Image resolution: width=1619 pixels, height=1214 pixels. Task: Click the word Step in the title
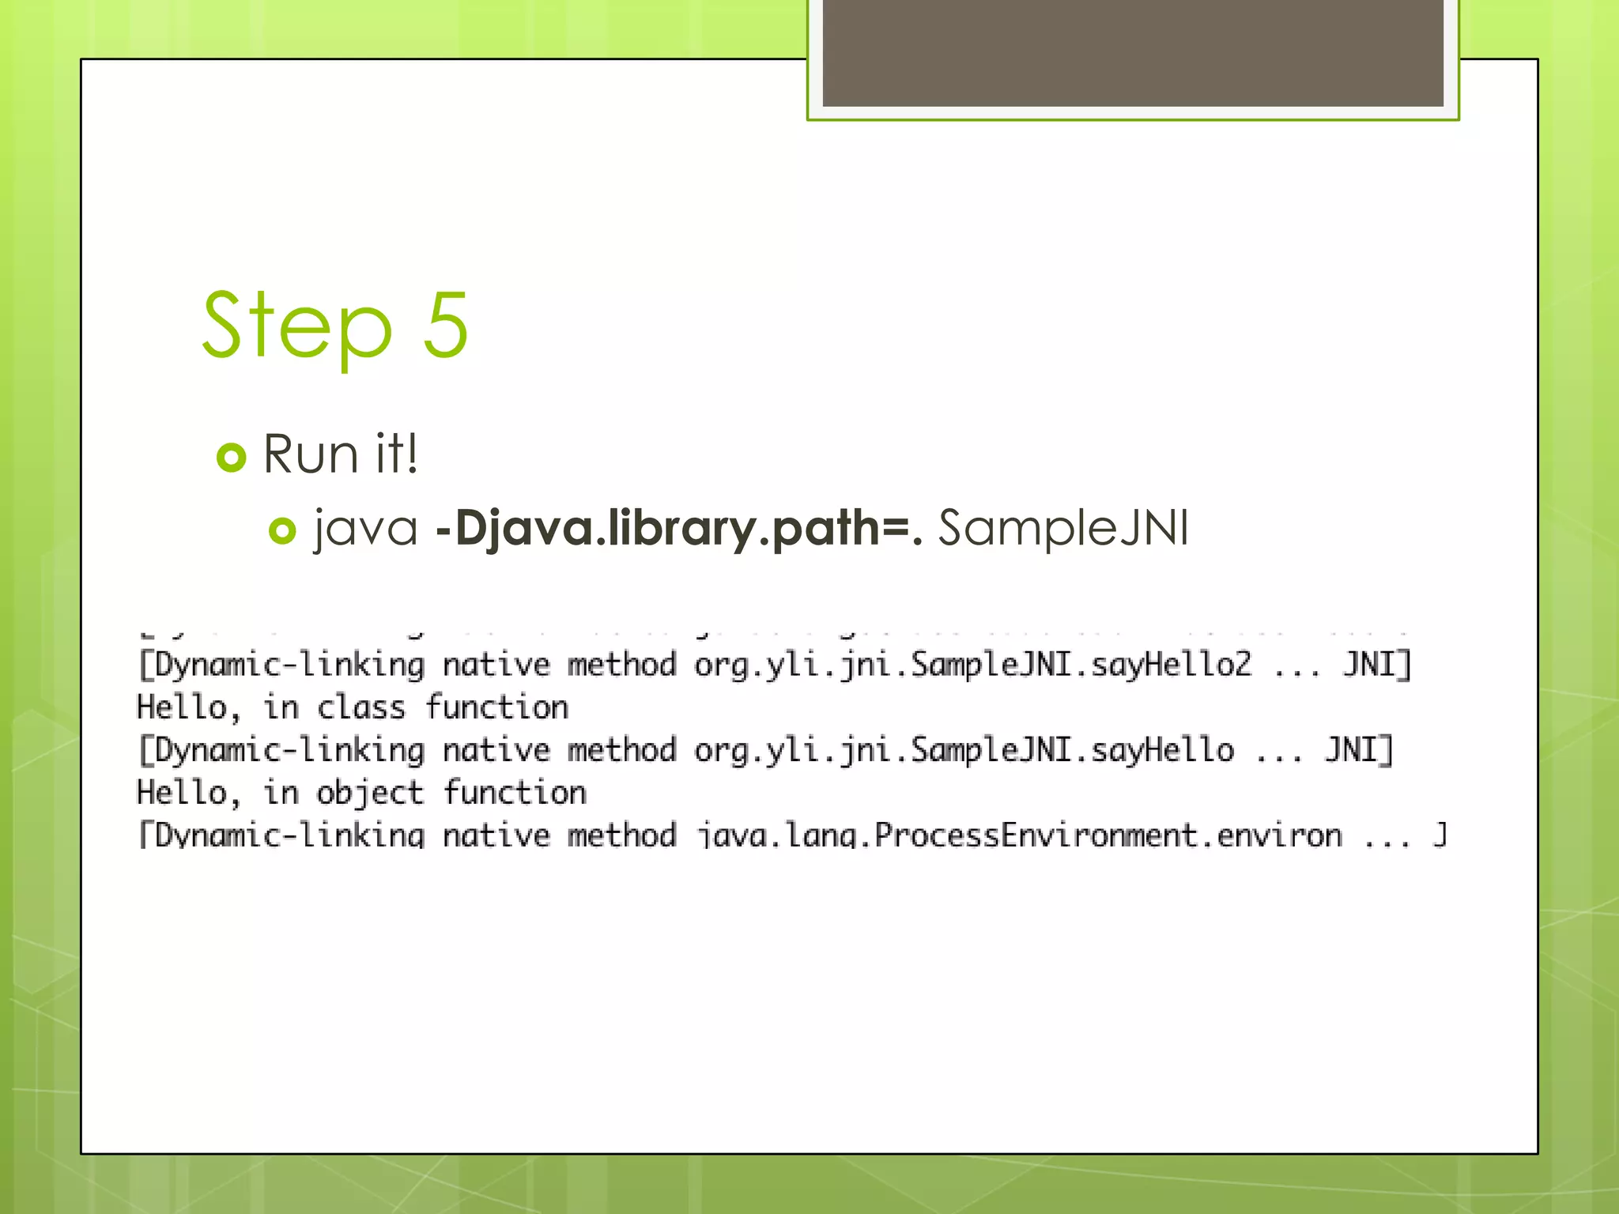296,326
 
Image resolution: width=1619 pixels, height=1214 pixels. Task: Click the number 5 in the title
446,326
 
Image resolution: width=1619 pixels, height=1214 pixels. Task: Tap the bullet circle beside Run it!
232,457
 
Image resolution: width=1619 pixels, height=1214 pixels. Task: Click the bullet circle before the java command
282,530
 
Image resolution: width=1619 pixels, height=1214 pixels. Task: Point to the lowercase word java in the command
365,528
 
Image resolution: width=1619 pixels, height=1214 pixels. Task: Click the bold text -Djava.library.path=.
678,528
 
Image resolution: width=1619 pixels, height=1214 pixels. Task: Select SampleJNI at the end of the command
1062,528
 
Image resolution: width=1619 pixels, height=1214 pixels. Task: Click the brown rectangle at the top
1132,52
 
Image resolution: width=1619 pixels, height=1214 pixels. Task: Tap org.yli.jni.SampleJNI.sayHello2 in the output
972,665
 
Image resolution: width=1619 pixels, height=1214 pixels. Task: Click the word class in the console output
361,707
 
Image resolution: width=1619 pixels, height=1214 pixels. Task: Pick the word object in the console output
370,793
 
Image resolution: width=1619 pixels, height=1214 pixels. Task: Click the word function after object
515,793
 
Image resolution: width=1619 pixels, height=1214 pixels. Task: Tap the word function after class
497,707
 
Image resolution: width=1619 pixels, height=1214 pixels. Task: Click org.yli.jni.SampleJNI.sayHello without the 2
964,750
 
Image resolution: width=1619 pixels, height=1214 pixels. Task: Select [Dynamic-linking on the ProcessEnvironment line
281,835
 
